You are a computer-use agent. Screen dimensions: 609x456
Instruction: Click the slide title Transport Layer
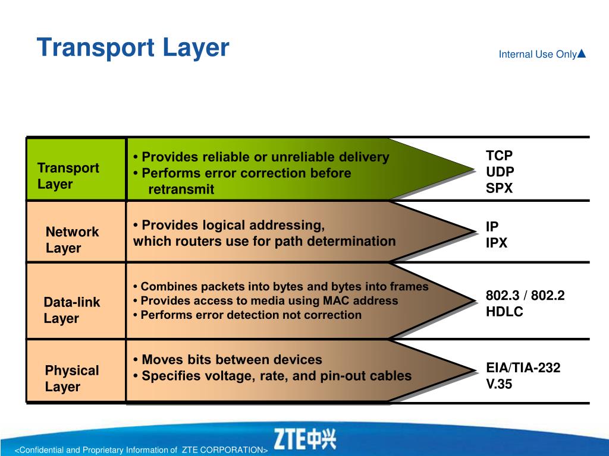tap(133, 47)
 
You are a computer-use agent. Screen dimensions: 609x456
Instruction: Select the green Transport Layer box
tap(76, 169)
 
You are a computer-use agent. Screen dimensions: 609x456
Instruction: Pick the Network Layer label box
tap(76, 232)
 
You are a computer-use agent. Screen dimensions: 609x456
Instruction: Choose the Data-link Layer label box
tap(76, 302)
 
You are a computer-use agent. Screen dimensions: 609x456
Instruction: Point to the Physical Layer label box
tap(76, 371)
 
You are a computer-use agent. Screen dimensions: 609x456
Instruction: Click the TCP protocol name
tap(499, 156)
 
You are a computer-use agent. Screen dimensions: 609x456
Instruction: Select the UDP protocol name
tap(500, 173)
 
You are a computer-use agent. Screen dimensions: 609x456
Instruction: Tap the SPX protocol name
tap(499, 189)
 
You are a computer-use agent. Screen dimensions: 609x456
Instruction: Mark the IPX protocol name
tap(496, 243)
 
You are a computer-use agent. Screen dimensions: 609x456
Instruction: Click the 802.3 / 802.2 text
tap(525, 296)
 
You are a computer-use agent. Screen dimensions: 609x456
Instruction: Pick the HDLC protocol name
tap(504, 312)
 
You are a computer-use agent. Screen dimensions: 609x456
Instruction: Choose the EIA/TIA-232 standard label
tap(523, 368)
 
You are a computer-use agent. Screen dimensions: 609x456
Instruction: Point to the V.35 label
tap(499, 384)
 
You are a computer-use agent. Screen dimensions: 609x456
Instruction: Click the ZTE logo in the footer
tap(304, 439)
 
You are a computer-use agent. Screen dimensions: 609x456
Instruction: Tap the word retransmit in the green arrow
tap(181, 190)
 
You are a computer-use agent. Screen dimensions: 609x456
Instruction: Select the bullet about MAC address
tap(265, 301)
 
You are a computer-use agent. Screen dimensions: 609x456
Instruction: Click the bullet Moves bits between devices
tap(228, 360)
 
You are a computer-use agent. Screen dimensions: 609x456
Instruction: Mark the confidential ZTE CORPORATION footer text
tap(141, 450)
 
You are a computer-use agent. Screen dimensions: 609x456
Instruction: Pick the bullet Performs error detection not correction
tap(247, 315)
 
